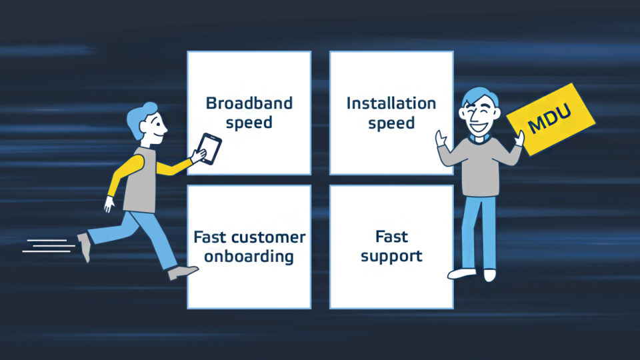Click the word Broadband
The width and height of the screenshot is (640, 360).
pyautogui.click(x=249, y=103)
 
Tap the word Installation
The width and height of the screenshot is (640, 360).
pyautogui.click(x=391, y=103)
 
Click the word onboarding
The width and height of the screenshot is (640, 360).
pyautogui.click(x=249, y=257)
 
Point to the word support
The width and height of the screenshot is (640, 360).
pyautogui.click(x=391, y=257)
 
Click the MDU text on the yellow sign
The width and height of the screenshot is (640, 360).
pyautogui.click(x=549, y=119)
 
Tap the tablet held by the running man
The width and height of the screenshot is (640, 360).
pyautogui.click(x=209, y=149)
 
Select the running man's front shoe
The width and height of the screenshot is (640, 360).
pyautogui.click(x=183, y=272)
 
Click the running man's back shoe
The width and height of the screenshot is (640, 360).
pyautogui.click(x=85, y=247)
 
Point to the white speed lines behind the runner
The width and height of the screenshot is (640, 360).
pyautogui.click(x=49, y=246)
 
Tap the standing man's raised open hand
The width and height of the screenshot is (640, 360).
pyautogui.click(x=441, y=139)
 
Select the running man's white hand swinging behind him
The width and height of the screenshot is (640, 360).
pyautogui.click(x=109, y=204)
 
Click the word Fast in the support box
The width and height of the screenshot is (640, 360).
pyautogui.click(x=391, y=237)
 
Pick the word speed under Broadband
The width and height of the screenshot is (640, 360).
pyautogui.click(x=249, y=123)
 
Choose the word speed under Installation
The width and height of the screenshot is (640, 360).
pyautogui.click(x=391, y=123)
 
